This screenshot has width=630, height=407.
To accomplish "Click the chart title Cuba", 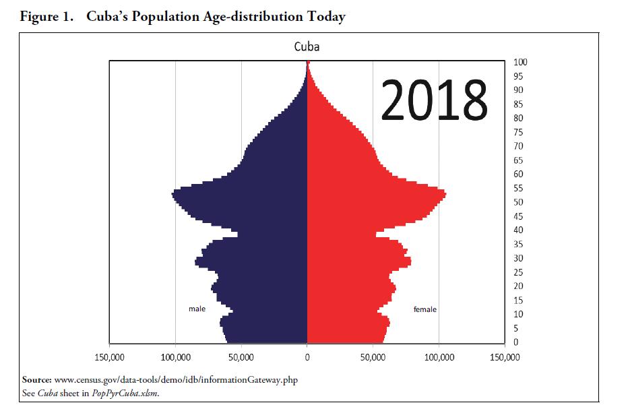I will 307,47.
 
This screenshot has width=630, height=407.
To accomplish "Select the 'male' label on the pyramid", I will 197,309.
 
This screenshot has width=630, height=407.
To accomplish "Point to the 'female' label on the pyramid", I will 424,309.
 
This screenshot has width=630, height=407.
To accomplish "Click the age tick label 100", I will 519,62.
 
